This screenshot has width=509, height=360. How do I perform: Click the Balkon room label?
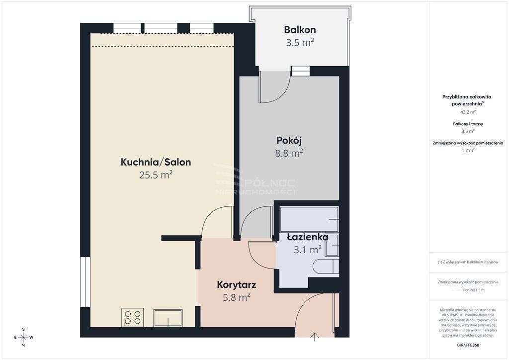click(x=300, y=29)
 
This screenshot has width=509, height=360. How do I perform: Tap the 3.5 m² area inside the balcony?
click(x=300, y=43)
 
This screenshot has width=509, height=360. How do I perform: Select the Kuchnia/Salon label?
click(x=156, y=162)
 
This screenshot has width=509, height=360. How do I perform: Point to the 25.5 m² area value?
click(x=156, y=175)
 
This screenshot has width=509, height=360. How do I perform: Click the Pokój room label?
click(x=289, y=140)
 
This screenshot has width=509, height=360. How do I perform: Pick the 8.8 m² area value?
click(x=289, y=154)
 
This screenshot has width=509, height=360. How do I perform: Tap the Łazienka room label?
click(x=307, y=237)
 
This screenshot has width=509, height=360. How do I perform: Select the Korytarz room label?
click(x=236, y=285)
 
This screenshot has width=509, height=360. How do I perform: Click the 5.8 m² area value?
click(x=236, y=298)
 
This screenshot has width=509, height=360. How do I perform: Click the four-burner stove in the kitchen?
click(x=133, y=317)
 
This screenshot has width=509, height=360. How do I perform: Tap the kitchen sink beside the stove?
click(x=168, y=318)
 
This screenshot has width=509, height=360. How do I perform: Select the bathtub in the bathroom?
click(x=309, y=219)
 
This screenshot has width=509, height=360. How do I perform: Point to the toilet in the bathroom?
click(x=325, y=266)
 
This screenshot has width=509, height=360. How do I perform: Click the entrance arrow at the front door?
click(x=315, y=337)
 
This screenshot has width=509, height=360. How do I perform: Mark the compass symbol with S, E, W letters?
click(x=23, y=337)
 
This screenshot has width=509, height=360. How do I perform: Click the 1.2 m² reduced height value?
click(x=468, y=150)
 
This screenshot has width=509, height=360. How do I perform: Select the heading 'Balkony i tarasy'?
click(x=468, y=124)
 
